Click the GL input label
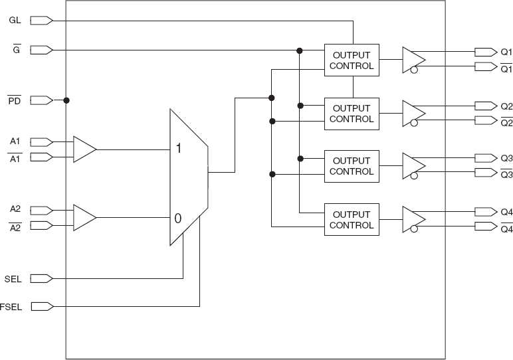click(x=15, y=21)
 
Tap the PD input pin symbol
click(x=41, y=100)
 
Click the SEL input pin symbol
click(x=41, y=278)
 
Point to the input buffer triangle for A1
click(x=84, y=149)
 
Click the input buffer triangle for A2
click(x=84, y=217)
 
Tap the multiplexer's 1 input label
click(x=179, y=149)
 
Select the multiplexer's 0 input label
click(x=178, y=218)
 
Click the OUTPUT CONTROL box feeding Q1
click(x=352, y=60)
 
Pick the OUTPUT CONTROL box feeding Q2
click(x=352, y=114)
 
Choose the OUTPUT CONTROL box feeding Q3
click(x=352, y=166)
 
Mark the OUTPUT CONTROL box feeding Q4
click(x=352, y=220)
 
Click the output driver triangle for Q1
click(x=413, y=59)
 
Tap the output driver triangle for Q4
click(x=413, y=219)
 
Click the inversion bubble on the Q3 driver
click(x=414, y=176)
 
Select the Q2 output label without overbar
click(x=506, y=106)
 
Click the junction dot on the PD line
click(x=66, y=100)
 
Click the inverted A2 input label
click(x=15, y=226)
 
